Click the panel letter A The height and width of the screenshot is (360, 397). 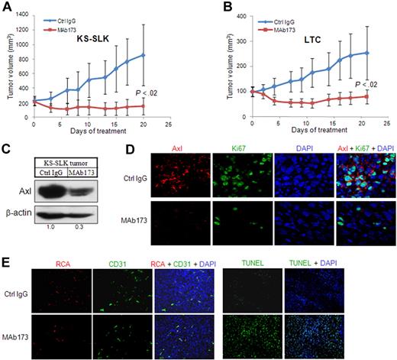coord(7,7)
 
